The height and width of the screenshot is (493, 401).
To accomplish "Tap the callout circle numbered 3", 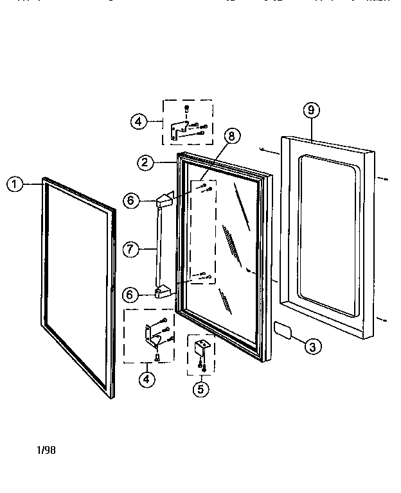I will click(x=312, y=347).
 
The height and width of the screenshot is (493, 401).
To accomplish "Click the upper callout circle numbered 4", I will click(x=139, y=121).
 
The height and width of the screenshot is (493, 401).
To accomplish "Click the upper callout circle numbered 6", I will click(x=130, y=201).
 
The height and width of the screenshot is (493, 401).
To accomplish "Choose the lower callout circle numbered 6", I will click(x=130, y=295).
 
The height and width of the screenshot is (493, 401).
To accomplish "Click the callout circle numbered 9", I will click(x=310, y=110).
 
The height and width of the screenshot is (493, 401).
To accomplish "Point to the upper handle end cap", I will click(x=165, y=200).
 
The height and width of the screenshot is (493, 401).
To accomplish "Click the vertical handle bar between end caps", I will click(x=157, y=247).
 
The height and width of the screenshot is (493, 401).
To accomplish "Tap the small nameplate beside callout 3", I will click(x=283, y=329).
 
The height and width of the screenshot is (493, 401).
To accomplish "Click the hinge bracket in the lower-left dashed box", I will click(x=152, y=334).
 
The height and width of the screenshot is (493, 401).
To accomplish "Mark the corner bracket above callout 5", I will click(x=201, y=350).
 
